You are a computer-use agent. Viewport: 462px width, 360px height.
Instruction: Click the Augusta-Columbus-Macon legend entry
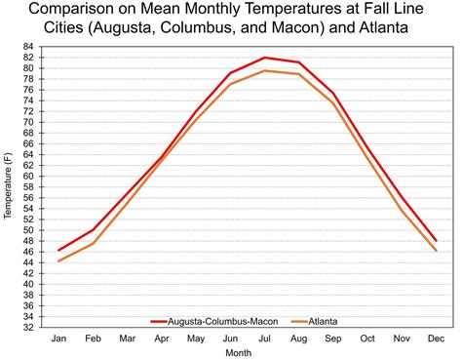[x=210, y=320]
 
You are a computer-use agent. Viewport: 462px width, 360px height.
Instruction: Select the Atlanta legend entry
[x=327, y=320]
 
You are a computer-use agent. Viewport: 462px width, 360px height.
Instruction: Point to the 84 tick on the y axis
[x=31, y=46]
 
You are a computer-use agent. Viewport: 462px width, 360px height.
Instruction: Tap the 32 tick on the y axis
[x=31, y=328]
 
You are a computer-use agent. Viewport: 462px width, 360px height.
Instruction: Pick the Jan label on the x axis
[x=58, y=339]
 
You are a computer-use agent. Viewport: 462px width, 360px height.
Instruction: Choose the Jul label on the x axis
[x=263, y=339]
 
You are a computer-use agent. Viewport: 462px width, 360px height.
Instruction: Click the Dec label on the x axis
[x=434, y=339]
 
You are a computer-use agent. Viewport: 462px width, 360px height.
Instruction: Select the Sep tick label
[x=331, y=339]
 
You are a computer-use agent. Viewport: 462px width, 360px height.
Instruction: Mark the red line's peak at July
[x=263, y=58]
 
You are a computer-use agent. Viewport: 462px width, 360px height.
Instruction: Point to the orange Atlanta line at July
[x=263, y=70]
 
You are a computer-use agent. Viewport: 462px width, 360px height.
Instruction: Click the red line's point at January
[x=58, y=251]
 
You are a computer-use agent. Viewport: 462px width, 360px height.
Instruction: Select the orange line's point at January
[x=58, y=260]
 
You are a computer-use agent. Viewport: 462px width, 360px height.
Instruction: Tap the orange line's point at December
[x=434, y=251]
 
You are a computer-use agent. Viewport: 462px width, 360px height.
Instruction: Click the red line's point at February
[x=93, y=229]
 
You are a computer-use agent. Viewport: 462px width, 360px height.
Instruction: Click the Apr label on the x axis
[x=161, y=339]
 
